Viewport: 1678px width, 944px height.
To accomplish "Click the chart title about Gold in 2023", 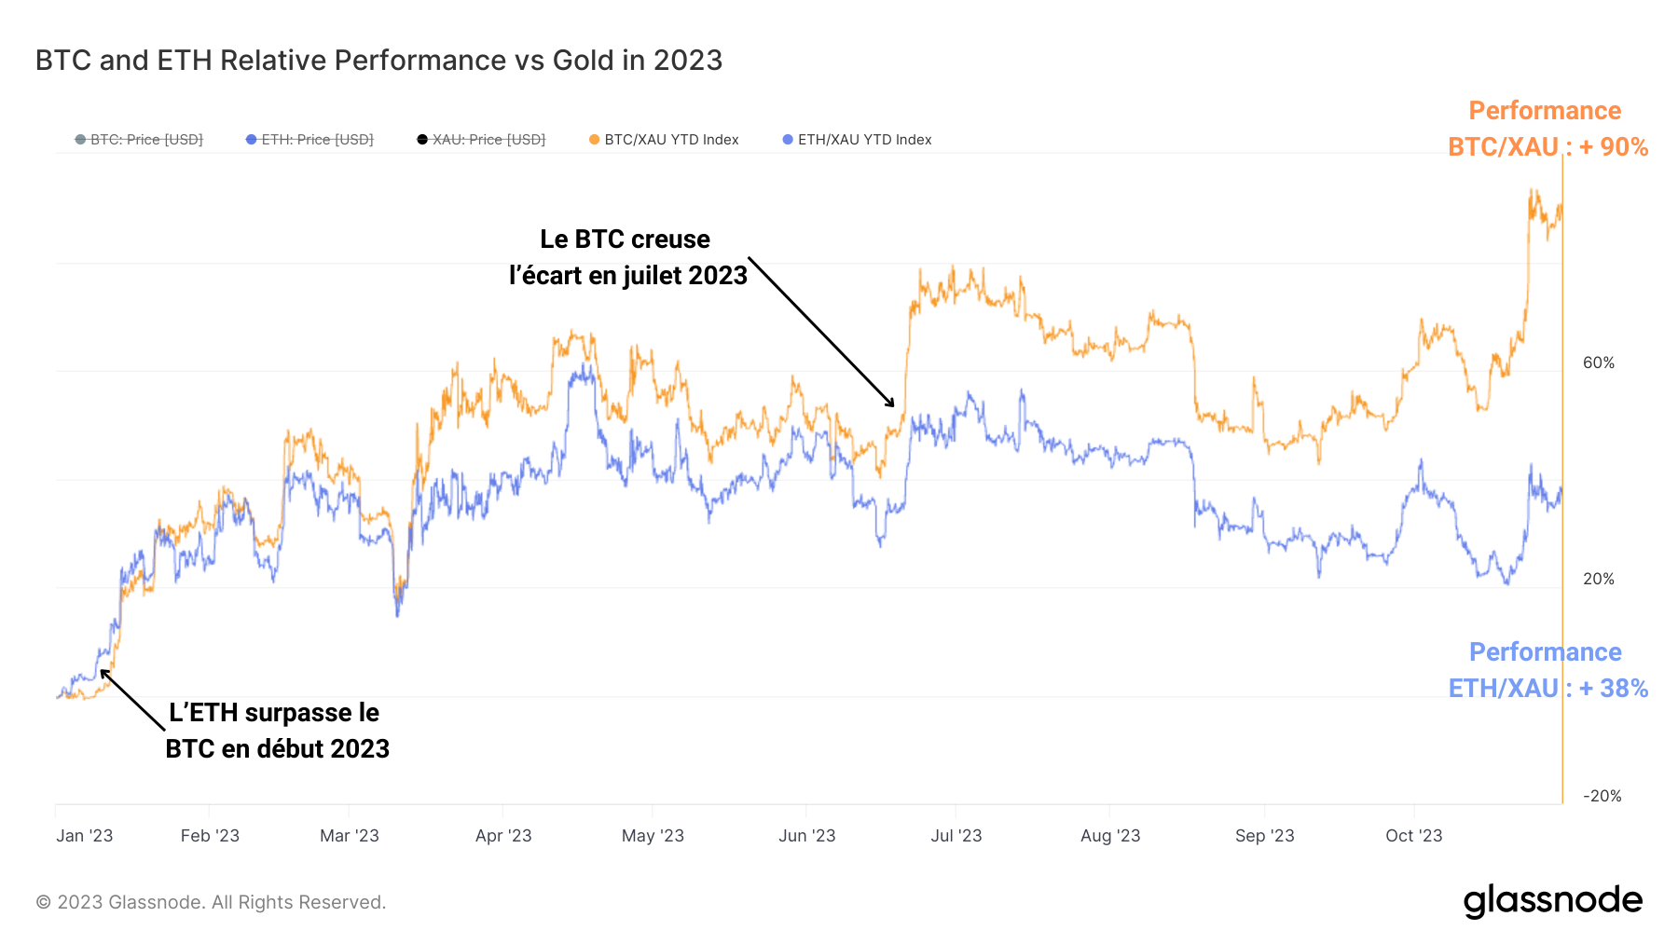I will pos(378,61).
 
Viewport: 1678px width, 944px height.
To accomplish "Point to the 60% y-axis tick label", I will pos(1598,363).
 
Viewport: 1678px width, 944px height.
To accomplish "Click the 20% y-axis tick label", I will pos(1598,579).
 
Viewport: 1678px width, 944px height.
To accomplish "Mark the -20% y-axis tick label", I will pos(1602,796).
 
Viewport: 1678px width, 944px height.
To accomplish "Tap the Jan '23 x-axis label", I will pos(84,836).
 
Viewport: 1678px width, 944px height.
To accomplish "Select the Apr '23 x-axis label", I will pos(503,836).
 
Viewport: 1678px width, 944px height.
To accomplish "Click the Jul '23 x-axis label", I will pos(956,836).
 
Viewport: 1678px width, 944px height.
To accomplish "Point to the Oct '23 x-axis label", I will pos(1413,836).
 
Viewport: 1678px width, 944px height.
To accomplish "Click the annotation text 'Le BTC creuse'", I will pos(625,239).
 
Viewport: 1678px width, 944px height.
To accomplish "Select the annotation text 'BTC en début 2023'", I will pos(277,748).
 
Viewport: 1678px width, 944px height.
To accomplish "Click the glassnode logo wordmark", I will pos(1552,901).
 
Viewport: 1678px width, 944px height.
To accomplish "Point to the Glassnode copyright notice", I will pos(211,902).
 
